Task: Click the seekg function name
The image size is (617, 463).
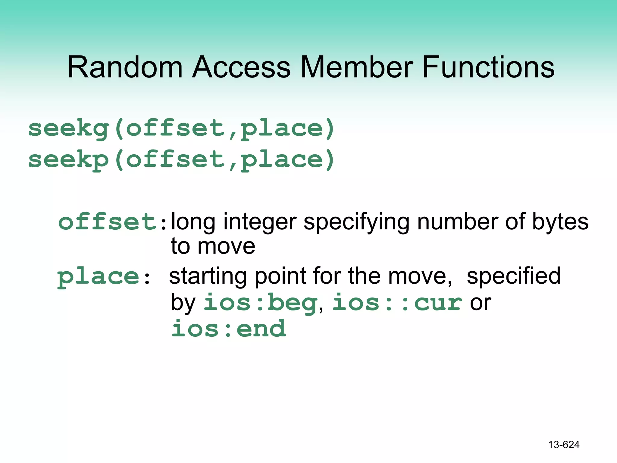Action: [x=68, y=129]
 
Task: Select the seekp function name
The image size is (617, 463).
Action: [x=68, y=160]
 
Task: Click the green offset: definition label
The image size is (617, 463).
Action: [x=112, y=222]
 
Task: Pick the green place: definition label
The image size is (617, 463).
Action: [x=103, y=277]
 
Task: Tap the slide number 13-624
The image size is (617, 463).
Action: [x=564, y=445]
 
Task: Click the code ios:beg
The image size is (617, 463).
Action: [x=260, y=303]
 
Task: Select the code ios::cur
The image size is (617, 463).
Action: [x=397, y=303]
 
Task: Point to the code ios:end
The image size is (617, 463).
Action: [x=228, y=329]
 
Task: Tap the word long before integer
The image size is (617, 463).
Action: [x=193, y=222]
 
